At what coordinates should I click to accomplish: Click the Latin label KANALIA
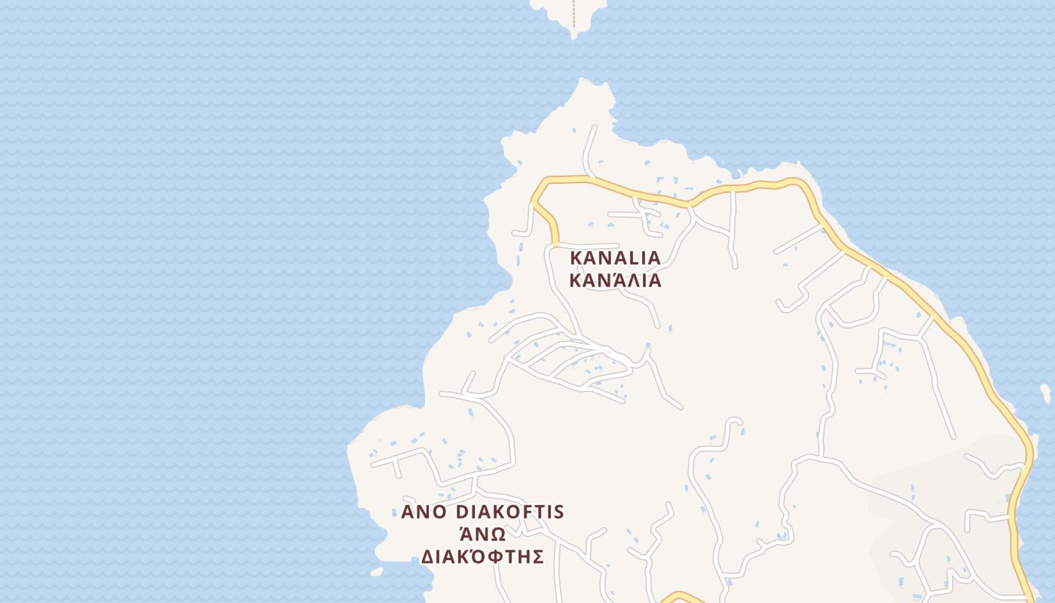pyautogui.click(x=615, y=258)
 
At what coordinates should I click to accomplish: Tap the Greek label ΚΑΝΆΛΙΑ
pyautogui.click(x=615, y=281)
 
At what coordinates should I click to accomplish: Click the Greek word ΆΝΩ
pyautogui.click(x=482, y=534)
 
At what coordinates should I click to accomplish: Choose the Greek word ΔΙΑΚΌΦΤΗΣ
pyautogui.click(x=482, y=557)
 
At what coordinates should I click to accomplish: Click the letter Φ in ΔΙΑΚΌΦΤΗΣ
pyautogui.click(x=497, y=557)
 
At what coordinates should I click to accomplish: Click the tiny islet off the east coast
pyautogui.click(x=1046, y=393)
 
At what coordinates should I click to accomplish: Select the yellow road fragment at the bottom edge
pyautogui.click(x=680, y=597)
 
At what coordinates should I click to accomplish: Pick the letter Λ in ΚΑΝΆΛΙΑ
pyautogui.click(x=629, y=281)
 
